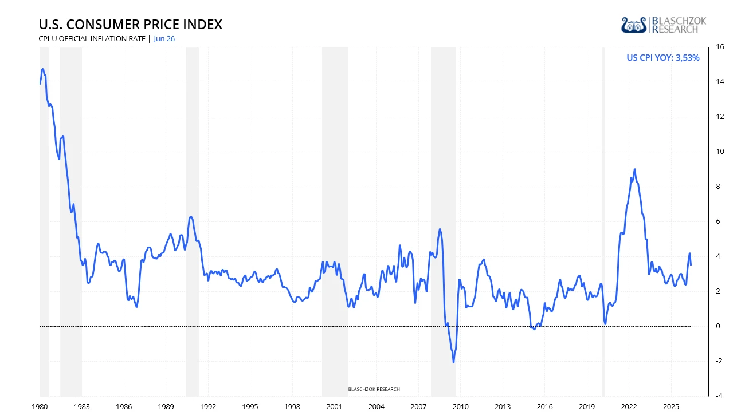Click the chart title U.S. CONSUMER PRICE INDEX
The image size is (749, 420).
click(x=131, y=25)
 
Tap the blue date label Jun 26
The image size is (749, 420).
click(x=164, y=39)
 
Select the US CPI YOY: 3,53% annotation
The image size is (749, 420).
click(x=662, y=58)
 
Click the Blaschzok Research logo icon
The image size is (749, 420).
click(x=634, y=25)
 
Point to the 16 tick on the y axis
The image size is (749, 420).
click(x=720, y=47)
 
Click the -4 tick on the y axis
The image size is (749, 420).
click(x=719, y=396)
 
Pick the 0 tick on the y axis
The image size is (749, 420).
click(x=718, y=326)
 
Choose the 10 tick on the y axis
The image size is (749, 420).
click(x=720, y=152)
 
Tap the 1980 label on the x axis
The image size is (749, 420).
click(x=40, y=407)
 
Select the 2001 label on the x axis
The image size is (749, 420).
click(x=334, y=407)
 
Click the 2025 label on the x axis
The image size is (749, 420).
click(x=671, y=407)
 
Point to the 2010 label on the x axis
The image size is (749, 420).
click(x=460, y=407)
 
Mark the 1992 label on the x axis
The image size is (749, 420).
click(x=208, y=407)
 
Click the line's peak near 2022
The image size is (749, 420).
click(x=634, y=169)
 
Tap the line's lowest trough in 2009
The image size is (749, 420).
click(x=454, y=362)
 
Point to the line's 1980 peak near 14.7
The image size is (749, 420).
click(x=42, y=69)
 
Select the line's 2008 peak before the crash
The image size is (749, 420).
click(x=440, y=229)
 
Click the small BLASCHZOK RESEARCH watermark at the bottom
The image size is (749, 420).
click(x=374, y=389)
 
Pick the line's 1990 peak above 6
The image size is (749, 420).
click(x=191, y=217)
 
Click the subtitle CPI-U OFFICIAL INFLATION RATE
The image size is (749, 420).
click(x=92, y=39)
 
